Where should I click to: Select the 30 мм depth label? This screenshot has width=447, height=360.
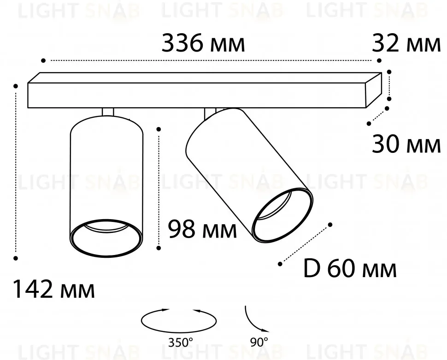pos(406,144)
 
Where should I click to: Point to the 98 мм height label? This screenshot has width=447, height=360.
pos(202,229)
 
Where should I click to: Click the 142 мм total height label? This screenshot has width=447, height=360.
pos(54,290)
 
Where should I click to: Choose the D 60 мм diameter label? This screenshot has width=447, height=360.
pos(350,268)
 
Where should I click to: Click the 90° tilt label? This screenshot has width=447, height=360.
pos(259,342)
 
